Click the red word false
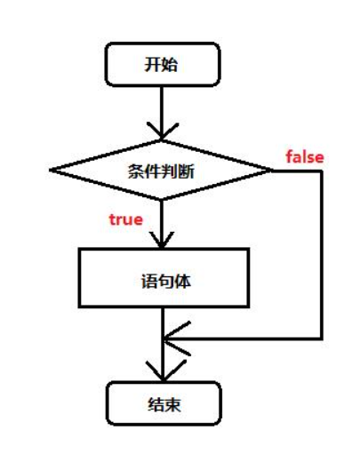(x=305, y=156)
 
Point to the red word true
(x=126, y=219)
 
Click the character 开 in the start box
(x=153, y=64)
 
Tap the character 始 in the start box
(x=170, y=64)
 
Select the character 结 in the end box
(x=156, y=404)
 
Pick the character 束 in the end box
(x=172, y=404)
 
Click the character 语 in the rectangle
(x=149, y=282)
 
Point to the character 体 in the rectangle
(x=182, y=282)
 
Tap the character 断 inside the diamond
(x=186, y=171)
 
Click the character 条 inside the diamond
(x=137, y=171)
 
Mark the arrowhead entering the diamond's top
(x=163, y=131)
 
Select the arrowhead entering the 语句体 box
(x=162, y=240)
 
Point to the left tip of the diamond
(x=50, y=170)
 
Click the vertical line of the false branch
(x=321, y=255)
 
